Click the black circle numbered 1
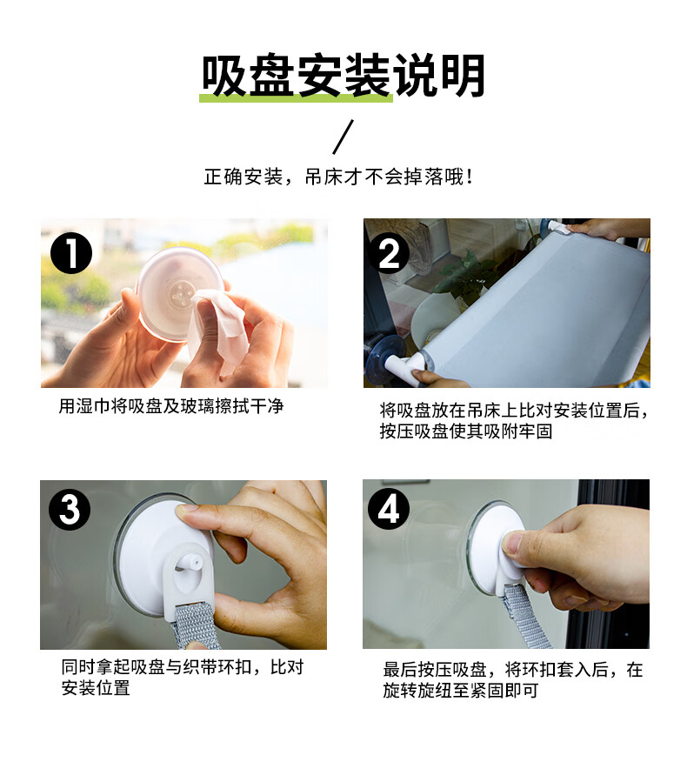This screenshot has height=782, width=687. [71, 253]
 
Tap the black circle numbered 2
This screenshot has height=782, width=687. [389, 253]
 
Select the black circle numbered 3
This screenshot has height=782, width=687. [70, 510]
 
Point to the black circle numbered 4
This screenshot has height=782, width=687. [389, 509]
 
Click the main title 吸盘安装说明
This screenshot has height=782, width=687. [343, 76]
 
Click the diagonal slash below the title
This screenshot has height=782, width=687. [343, 137]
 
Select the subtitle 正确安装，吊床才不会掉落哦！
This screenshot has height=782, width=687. [339, 177]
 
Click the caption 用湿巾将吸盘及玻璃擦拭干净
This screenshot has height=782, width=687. [171, 406]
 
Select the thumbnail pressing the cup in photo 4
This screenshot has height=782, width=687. [512, 544]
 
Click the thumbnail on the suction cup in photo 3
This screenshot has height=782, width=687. [188, 511]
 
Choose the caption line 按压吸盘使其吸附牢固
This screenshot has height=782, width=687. [465, 431]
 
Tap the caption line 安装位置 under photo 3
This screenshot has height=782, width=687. [96, 688]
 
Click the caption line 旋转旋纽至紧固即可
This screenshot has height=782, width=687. [461, 691]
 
